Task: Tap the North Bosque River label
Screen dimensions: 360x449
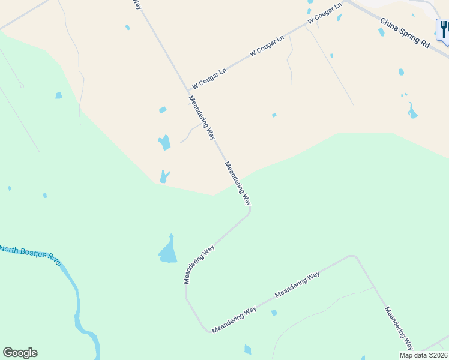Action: (x=31, y=256)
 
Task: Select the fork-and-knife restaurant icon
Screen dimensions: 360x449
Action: (x=444, y=29)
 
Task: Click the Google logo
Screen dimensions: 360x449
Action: (x=20, y=353)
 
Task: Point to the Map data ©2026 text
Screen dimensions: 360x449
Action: (x=423, y=355)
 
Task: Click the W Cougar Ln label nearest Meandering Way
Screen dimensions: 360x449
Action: (x=209, y=78)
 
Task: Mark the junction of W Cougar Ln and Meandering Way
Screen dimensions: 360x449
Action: (x=187, y=91)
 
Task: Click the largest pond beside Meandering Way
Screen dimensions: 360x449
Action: (x=169, y=251)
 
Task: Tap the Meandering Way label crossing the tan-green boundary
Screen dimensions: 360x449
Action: (x=237, y=184)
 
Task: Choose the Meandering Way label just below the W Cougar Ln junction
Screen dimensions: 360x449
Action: (x=202, y=118)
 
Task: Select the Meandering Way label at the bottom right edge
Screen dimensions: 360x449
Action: (x=399, y=328)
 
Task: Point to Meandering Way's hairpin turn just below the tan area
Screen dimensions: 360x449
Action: (x=249, y=211)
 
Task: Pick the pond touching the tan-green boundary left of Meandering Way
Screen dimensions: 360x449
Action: (x=163, y=177)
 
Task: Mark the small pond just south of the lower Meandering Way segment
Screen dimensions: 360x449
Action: (x=274, y=313)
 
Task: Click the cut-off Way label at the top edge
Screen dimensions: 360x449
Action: (x=137, y=4)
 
